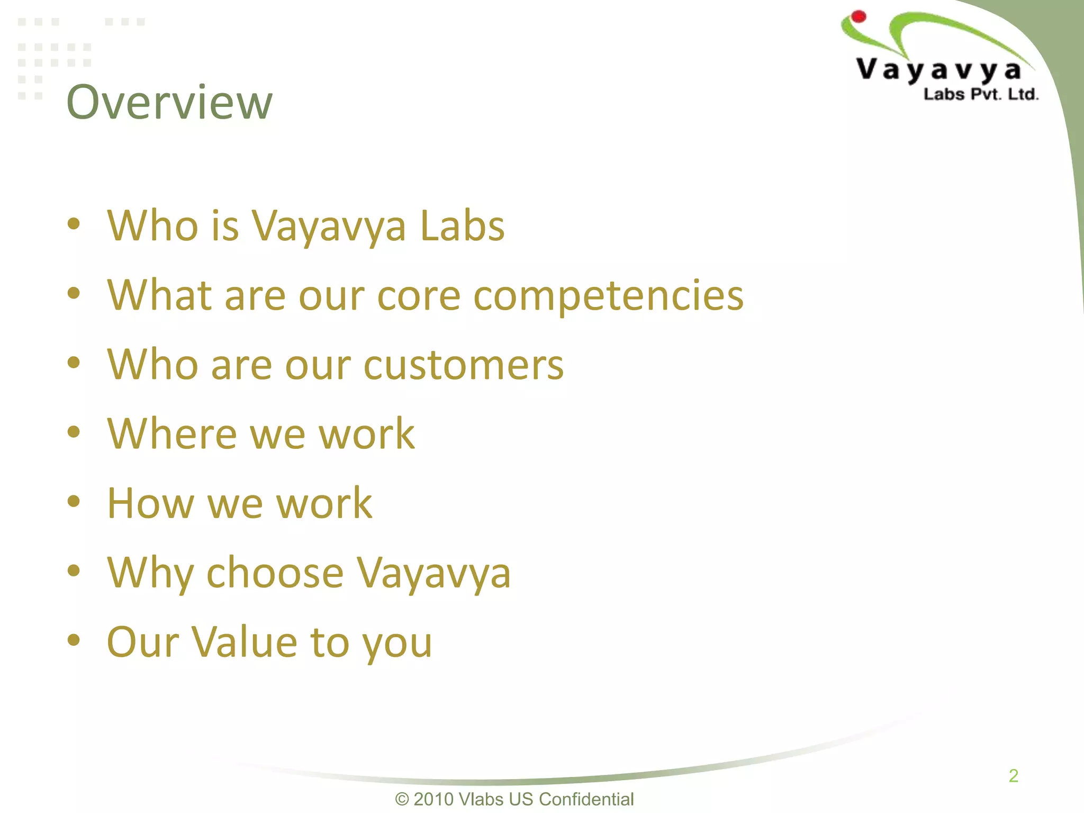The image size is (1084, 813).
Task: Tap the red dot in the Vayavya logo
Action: (x=859, y=16)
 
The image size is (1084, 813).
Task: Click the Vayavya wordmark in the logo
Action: (x=938, y=70)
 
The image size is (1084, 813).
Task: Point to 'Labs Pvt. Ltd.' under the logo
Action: (x=981, y=95)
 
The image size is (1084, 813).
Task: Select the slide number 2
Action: (x=1013, y=776)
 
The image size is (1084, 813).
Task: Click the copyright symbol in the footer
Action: (x=402, y=799)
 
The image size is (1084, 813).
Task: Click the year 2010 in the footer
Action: (x=433, y=799)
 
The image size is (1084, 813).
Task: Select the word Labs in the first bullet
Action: (x=462, y=226)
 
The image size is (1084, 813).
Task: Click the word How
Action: (x=150, y=503)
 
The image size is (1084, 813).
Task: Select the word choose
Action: (x=275, y=573)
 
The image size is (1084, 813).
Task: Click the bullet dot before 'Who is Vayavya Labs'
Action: (x=74, y=224)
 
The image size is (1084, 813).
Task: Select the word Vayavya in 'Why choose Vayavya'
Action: (x=433, y=573)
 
